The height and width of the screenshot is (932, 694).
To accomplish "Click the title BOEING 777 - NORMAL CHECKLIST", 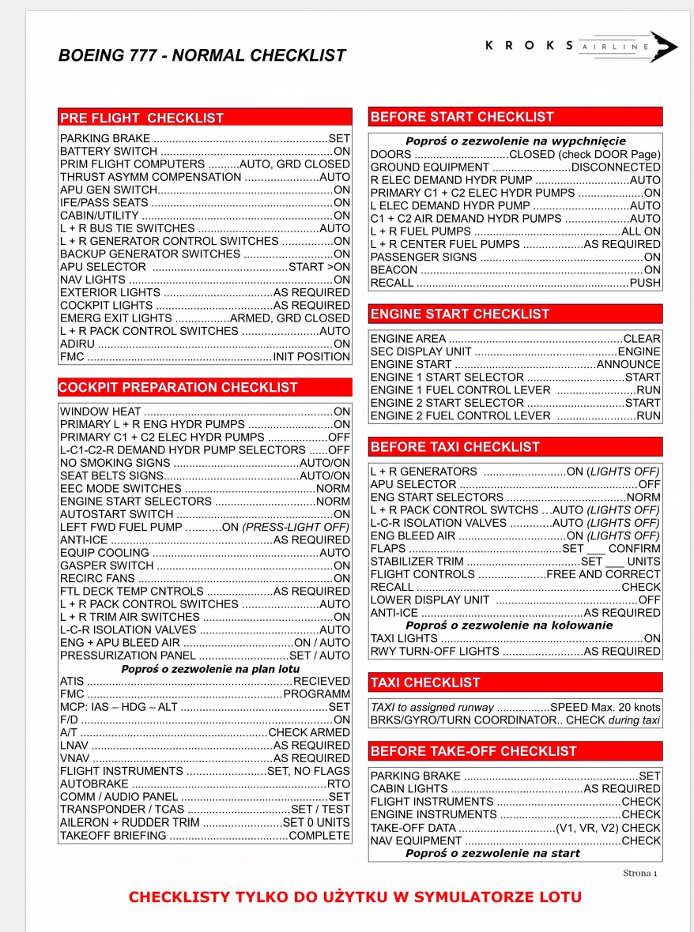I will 202,55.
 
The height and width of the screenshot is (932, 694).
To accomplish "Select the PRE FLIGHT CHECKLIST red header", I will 142,118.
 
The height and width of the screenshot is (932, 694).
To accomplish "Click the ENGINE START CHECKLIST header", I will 460,314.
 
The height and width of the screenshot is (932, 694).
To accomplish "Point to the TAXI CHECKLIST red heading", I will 425,682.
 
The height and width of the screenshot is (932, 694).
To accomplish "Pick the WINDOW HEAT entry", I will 100,412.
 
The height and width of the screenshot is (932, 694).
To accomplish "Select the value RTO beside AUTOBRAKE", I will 338,784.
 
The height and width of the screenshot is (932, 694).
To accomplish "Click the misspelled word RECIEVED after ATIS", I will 321,681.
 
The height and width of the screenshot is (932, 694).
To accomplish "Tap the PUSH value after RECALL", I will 645,283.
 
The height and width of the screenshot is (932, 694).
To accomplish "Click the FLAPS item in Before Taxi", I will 388,549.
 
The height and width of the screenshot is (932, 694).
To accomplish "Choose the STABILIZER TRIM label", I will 417,562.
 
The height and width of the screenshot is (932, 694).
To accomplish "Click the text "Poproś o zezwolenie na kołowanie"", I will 509,626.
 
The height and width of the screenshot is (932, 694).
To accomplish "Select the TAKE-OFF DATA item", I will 413,828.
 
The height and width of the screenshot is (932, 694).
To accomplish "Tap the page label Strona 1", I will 640,873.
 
